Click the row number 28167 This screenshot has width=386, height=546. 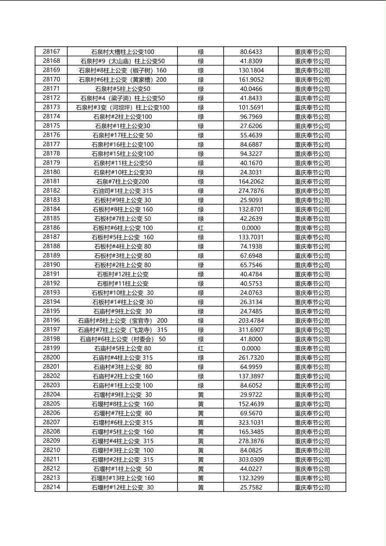click(51, 52)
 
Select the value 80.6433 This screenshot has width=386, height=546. click(251, 52)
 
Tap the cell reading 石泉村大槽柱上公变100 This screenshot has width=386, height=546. click(122, 52)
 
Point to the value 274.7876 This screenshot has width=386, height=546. click(251, 191)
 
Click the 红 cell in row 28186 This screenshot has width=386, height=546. click(201, 228)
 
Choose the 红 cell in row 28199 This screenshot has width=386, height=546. click(201, 348)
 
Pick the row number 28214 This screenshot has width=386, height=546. click(51, 487)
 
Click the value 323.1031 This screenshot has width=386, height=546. click(251, 422)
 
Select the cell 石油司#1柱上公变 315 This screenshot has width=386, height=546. click(122, 191)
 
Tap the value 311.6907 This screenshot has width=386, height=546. click(251, 330)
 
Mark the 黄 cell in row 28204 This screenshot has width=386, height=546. click(201, 395)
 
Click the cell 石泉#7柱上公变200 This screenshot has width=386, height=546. click(122, 182)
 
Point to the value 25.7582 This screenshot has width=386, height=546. click(251, 487)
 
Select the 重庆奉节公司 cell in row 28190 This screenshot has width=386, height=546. click(312, 265)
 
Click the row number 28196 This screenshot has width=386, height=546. click(51, 321)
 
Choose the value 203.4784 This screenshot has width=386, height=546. click(251, 321)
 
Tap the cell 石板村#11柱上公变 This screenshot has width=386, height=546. click(122, 283)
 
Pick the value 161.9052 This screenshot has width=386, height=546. click(251, 80)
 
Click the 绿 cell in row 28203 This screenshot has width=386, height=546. click(201, 385)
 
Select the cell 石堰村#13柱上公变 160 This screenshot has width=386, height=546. click(122, 478)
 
